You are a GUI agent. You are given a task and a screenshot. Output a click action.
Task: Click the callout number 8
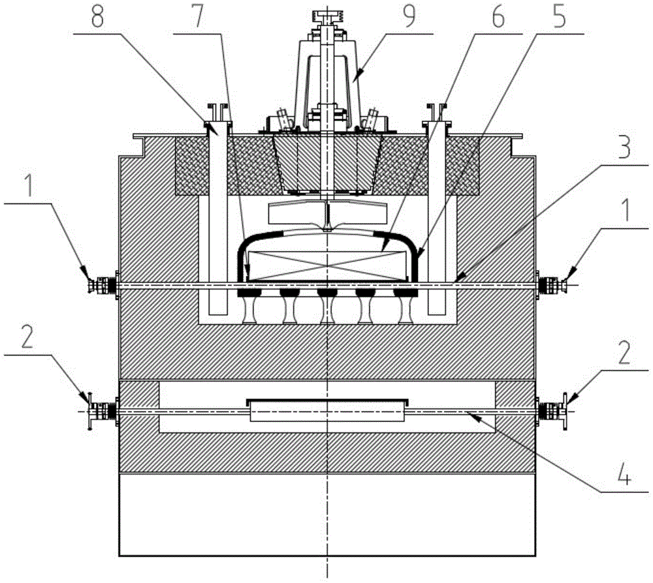[x=97, y=16]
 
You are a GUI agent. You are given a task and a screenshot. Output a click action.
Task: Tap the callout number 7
[x=198, y=16]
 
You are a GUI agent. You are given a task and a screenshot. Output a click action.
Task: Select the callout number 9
[x=409, y=16]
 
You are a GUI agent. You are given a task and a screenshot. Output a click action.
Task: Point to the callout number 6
[x=498, y=16]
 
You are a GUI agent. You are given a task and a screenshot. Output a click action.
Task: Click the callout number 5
[x=559, y=16]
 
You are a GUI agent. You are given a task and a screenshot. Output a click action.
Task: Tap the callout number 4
[x=624, y=475]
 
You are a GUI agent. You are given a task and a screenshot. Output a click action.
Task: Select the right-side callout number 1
[x=625, y=211]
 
